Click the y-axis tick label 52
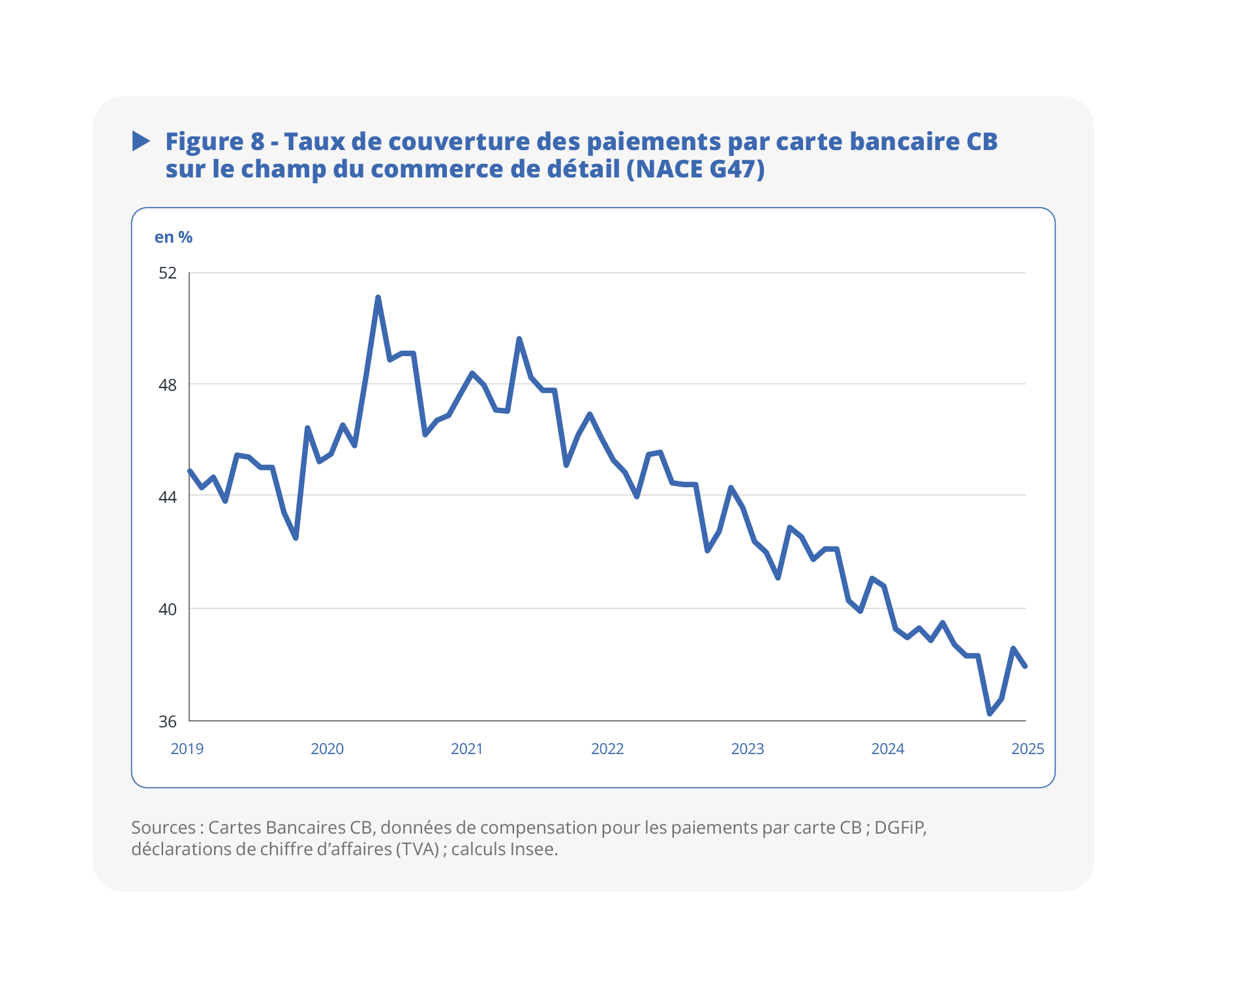(168, 273)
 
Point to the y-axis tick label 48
(168, 385)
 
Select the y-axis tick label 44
(168, 497)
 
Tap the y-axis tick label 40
(168, 609)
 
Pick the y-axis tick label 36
(168, 721)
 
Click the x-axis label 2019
(187, 749)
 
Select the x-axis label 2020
(327, 749)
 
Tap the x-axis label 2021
(467, 749)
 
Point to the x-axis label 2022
(607, 749)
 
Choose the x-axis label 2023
(748, 749)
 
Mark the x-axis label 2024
(888, 749)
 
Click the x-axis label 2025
(1027, 749)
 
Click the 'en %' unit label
(174, 237)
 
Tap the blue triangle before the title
(141, 141)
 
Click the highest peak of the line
(378, 297)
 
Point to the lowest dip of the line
(990, 714)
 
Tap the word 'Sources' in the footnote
(163, 828)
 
